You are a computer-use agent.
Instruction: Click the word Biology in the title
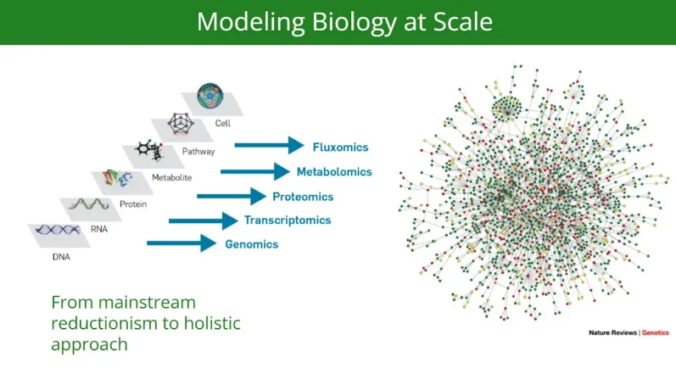[x=355, y=22]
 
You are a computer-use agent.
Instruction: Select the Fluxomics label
[x=341, y=148]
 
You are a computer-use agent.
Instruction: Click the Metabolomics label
[x=334, y=172]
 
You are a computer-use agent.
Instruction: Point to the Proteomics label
[x=303, y=197]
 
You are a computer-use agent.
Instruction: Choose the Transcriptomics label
[x=288, y=220]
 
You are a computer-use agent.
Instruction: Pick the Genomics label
[x=252, y=244]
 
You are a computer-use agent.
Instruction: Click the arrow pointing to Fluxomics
[x=270, y=145]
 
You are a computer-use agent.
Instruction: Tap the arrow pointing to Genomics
[x=182, y=243]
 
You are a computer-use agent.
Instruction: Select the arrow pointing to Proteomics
[x=232, y=197]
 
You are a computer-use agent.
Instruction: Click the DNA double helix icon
[x=58, y=230]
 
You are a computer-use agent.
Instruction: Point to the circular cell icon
[x=210, y=96]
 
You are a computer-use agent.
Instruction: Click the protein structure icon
[x=117, y=178]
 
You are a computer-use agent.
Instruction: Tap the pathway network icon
[x=181, y=124]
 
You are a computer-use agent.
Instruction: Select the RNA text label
[x=99, y=229]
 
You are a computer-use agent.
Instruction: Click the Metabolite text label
[x=171, y=177]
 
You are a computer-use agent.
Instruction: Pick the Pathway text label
[x=198, y=152]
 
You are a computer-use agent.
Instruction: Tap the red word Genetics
[x=656, y=332]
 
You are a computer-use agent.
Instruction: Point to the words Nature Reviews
[x=612, y=332]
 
